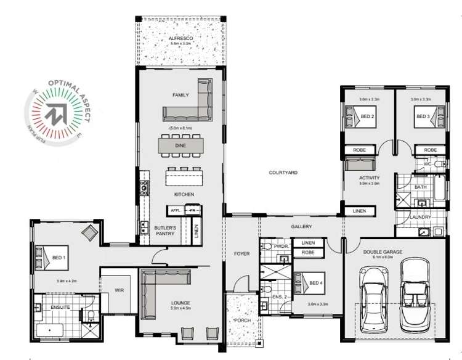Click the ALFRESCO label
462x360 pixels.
point(181,39)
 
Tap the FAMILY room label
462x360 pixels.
point(180,95)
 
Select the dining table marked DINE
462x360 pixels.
point(180,145)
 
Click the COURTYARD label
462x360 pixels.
point(283,173)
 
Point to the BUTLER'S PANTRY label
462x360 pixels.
point(166,231)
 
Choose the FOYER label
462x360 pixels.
point(241,253)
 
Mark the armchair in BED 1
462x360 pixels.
point(90,232)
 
